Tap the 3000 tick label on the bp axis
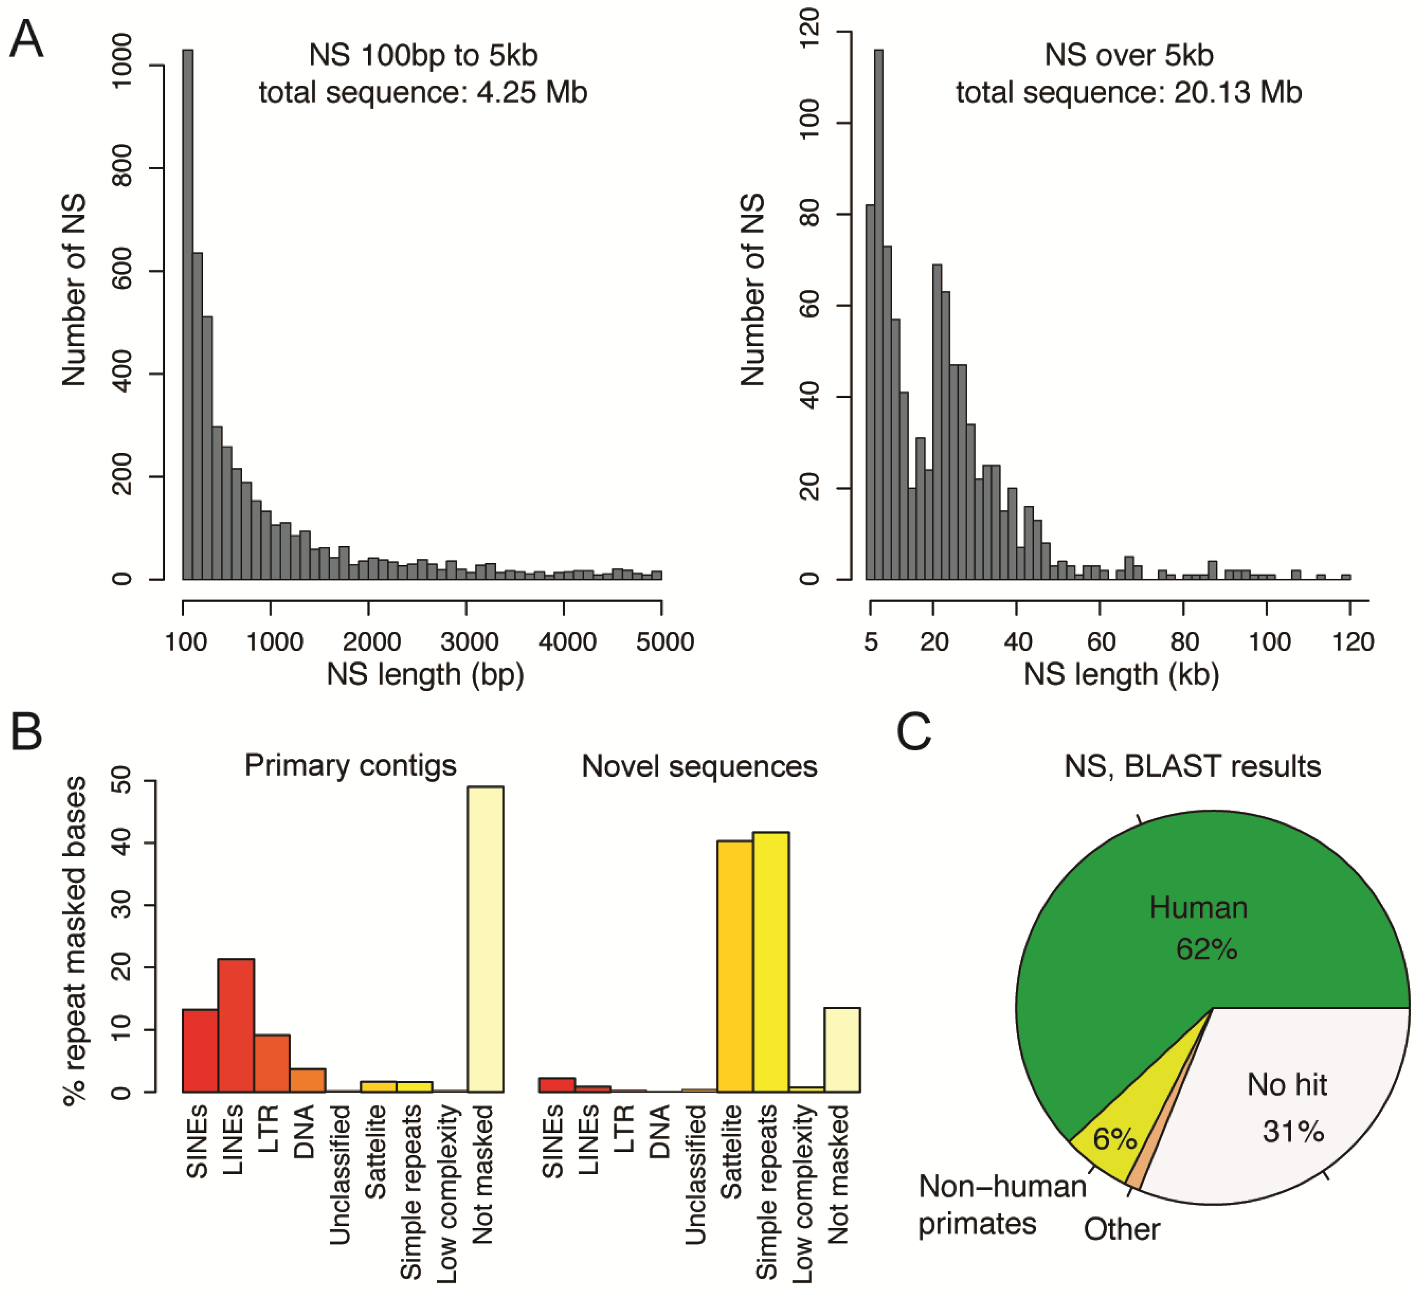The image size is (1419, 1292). click(469, 642)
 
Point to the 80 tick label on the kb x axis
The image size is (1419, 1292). click(1185, 642)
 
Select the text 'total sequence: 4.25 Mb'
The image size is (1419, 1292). click(423, 92)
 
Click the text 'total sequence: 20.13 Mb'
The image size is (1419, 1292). click(1128, 92)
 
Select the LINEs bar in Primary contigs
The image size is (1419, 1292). click(236, 1024)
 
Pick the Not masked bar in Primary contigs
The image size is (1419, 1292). click(486, 940)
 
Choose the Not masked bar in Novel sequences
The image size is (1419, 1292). click(842, 1050)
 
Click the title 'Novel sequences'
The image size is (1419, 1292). click(699, 766)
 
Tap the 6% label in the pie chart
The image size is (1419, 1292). click(1114, 1139)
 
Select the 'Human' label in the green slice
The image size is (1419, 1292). click(1198, 907)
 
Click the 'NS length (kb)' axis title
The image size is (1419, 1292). click(1121, 674)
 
